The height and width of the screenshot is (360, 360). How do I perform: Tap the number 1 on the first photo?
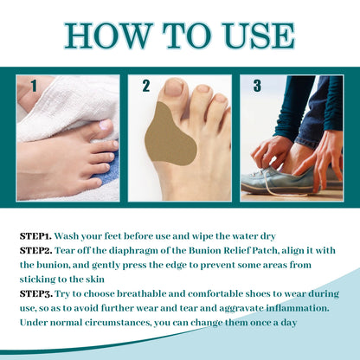coord(32,87)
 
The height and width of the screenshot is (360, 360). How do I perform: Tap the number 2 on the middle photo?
coord(146,87)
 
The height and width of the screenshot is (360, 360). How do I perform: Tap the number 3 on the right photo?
coord(258,87)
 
